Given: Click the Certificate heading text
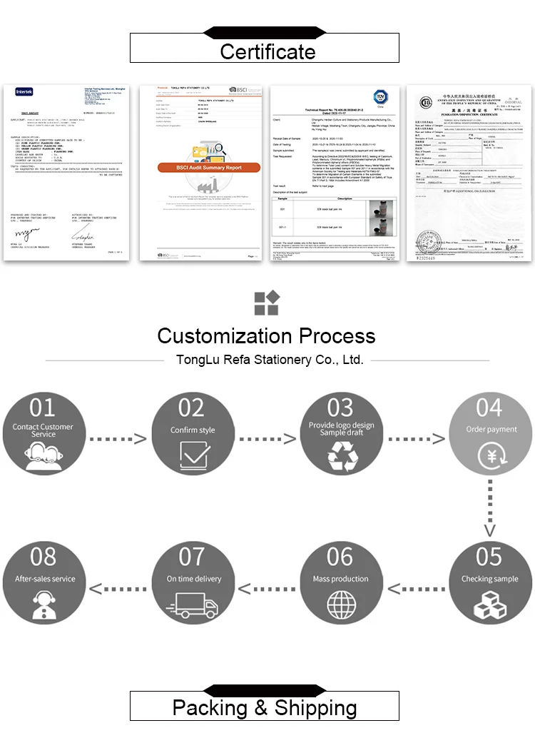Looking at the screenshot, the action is tap(267, 51).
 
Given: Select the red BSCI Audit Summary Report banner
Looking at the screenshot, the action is tap(199, 168).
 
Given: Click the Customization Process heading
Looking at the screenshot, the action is tap(266, 335).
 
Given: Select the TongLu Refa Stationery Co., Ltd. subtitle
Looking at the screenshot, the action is tap(270, 360).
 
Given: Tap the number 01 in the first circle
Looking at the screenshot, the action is tap(42, 408).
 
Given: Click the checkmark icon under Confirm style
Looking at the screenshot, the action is tap(193, 453).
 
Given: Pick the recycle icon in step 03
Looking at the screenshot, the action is tap(341, 455).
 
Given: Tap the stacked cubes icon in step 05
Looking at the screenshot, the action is tap(489, 604).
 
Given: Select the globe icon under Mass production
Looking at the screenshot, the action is tap(340, 603).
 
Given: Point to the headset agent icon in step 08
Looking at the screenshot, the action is tap(44, 604).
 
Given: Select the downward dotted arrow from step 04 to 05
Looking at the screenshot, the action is tap(489, 508).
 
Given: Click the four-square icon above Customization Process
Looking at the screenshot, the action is tap(266, 302).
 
